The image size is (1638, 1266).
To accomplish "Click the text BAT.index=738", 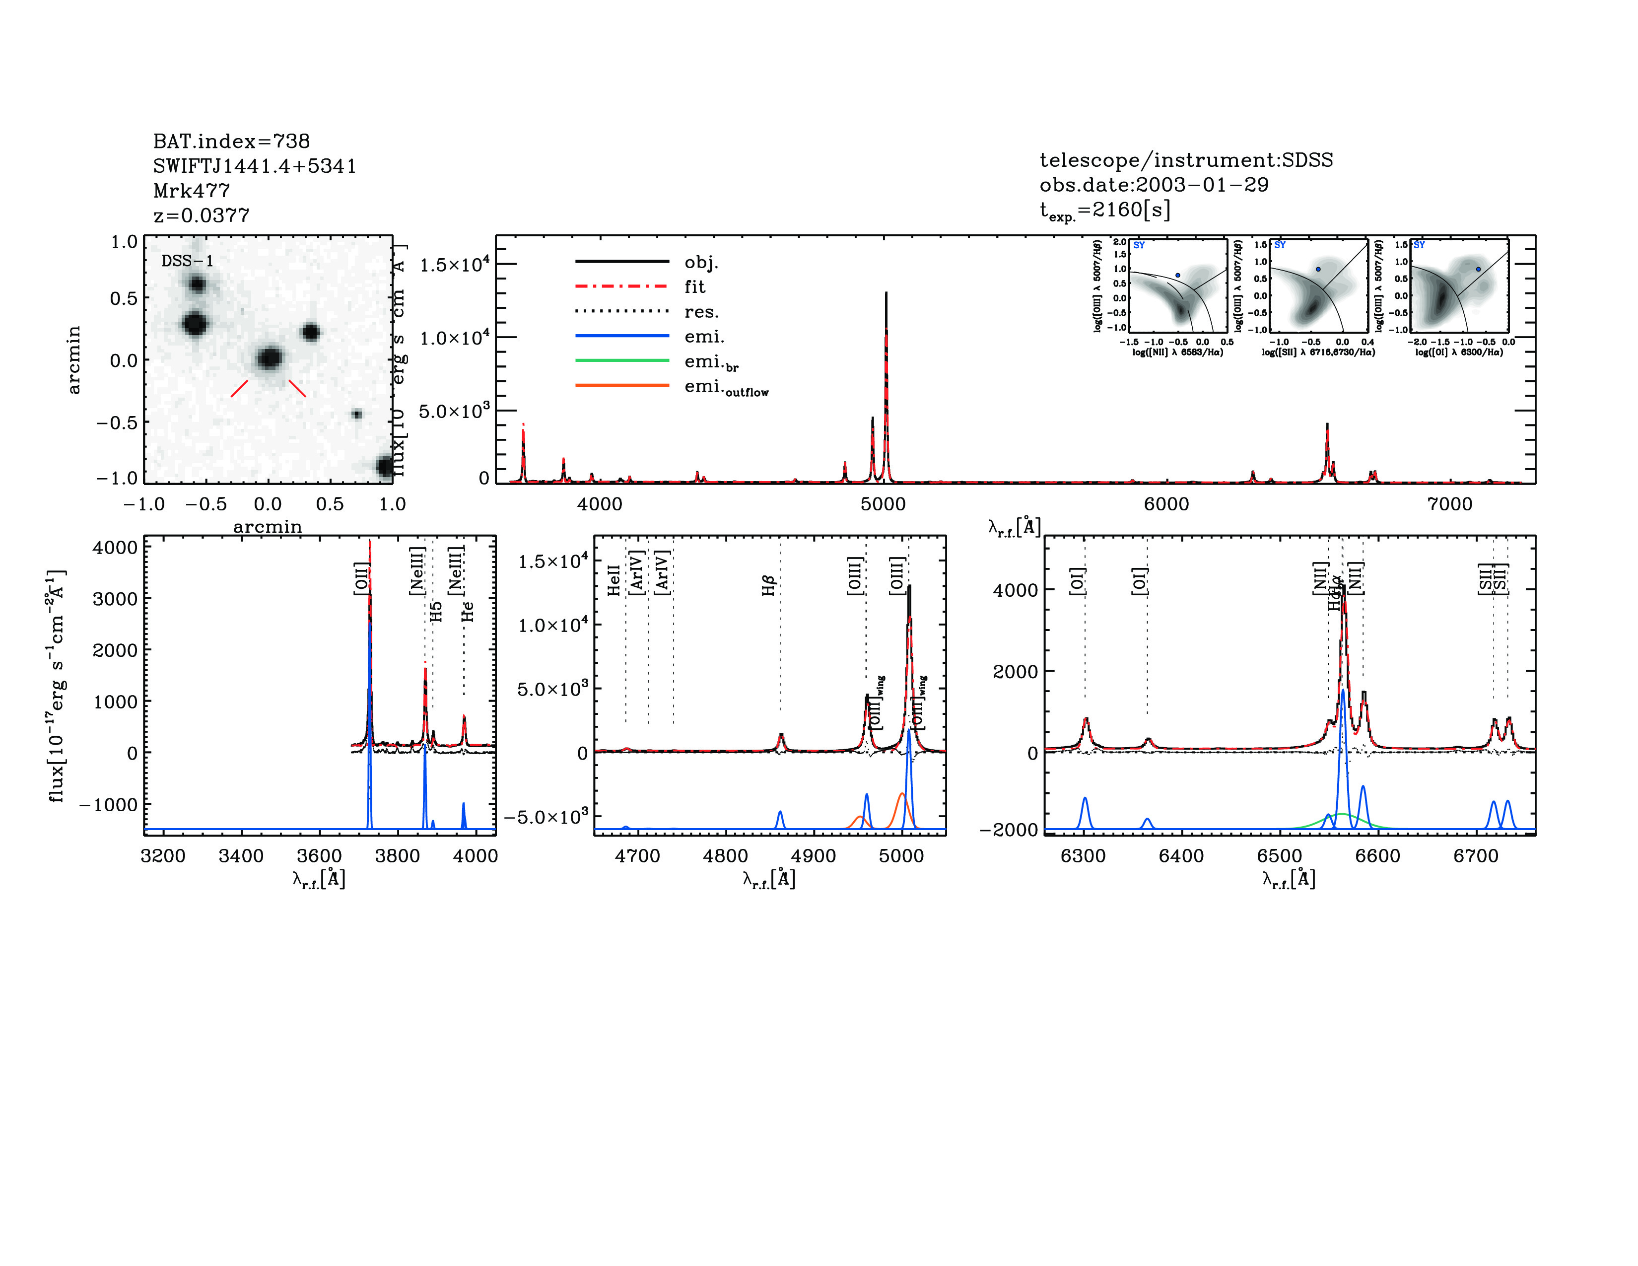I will tap(231, 141).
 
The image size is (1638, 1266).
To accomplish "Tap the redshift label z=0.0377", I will tap(201, 215).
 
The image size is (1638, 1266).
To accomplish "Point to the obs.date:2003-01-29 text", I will tap(1154, 185).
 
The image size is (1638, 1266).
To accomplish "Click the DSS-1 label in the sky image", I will tap(188, 261).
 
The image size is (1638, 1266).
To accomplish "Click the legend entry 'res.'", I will tap(701, 311).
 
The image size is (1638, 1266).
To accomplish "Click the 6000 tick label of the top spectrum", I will tap(1166, 504).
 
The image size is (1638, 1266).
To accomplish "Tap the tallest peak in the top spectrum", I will tap(886, 294).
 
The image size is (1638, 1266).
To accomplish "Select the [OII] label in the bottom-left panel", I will tap(361, 578).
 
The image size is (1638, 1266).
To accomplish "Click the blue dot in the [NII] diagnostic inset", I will tap(1177, 275).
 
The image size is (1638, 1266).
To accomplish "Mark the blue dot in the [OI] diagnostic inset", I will tap(1478, 269).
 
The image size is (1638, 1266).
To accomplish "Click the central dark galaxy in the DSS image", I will tap(269, 358).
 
